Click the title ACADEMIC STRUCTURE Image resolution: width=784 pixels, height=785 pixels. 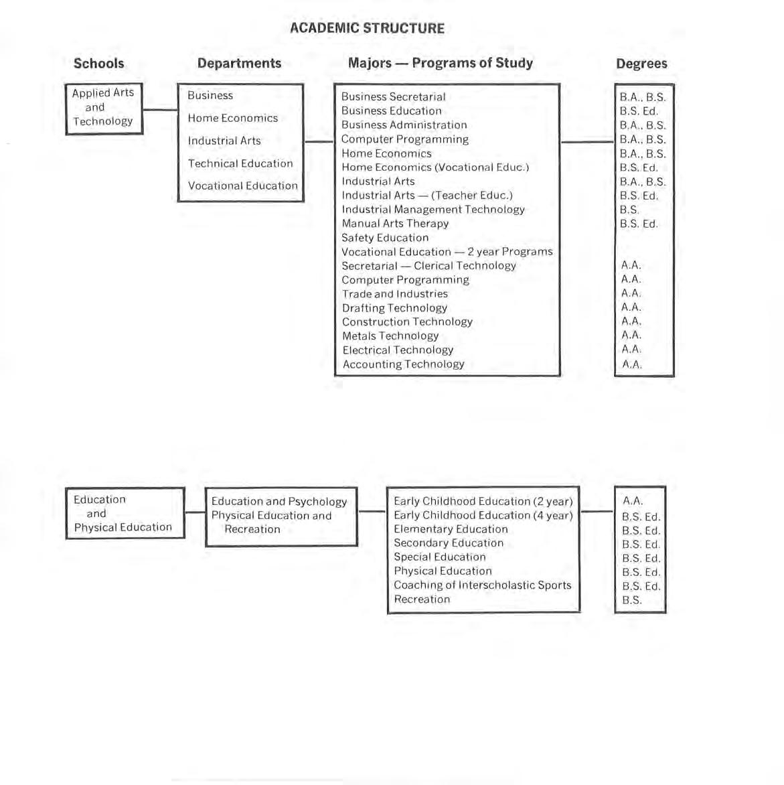click(x=367, y=28)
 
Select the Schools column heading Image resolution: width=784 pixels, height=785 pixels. click(x=98, y=64)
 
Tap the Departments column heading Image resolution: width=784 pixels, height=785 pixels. click(x=239, y=64)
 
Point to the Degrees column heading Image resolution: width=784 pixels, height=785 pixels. click(x=641, y=64)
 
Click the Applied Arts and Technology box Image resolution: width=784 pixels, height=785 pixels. click(x=104, y=108)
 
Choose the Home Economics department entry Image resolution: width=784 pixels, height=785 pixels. click(x=232, y=119)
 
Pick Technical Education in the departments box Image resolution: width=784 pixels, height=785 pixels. click(x=240, y=163)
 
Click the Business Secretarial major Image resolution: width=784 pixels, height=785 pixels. click(x=393, y=97)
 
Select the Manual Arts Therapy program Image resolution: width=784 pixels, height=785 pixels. click(x=395, y=224)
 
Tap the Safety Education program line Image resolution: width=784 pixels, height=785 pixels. click(x=385, y=238)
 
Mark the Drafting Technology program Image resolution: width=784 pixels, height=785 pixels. click(x=394, y=308)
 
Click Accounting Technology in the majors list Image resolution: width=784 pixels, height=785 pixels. click(x=403, y=364)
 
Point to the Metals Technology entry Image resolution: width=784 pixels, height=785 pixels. click(x=390, y=336)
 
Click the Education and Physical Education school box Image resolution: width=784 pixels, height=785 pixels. click(x=125, y=514)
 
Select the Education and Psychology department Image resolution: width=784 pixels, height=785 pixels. click(x=279, y=502)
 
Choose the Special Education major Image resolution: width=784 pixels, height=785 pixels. click(x=439, y=557)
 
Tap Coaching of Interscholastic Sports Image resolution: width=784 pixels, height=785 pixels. click(x=482, y=585)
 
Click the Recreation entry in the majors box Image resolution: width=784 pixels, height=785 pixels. click(x=422, y=599)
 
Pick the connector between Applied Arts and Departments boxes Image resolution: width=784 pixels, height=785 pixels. click(x=160, y=110)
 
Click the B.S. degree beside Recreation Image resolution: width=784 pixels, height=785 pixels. click(x=631, y=600)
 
